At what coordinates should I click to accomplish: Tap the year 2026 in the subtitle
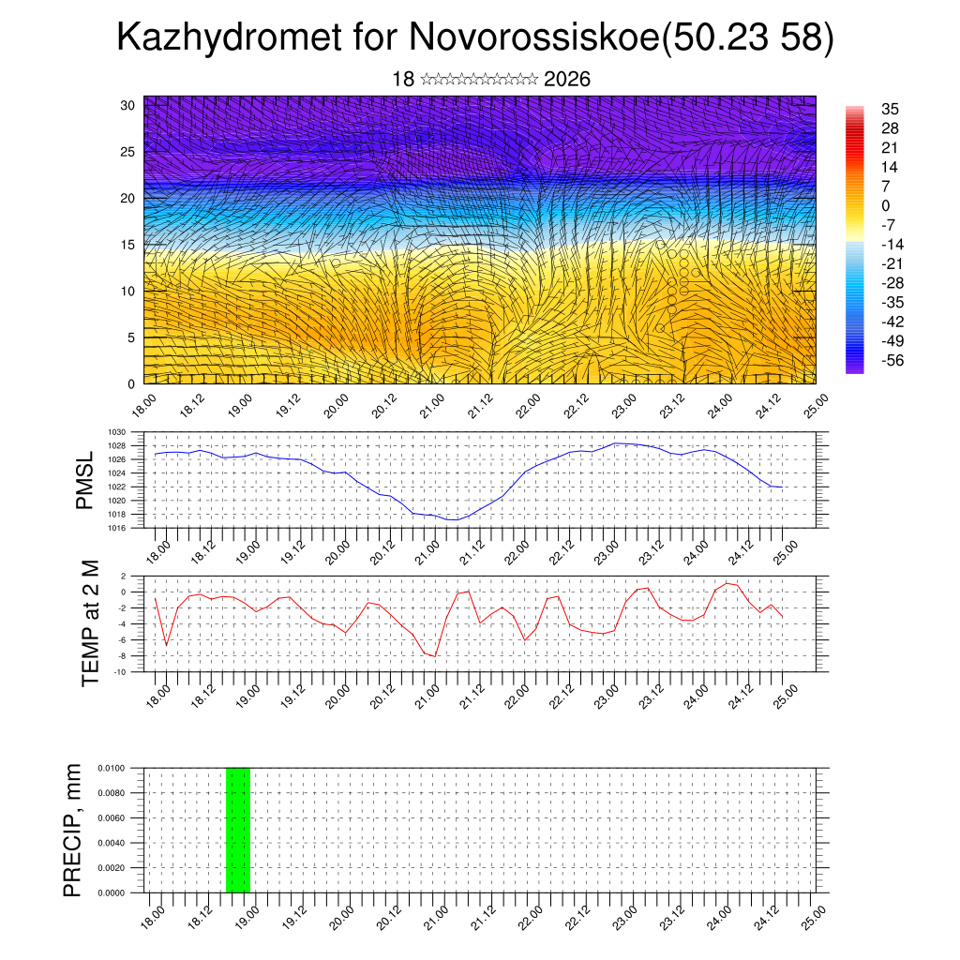(x=567, y=80)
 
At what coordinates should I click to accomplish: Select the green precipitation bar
(x=238, y=830)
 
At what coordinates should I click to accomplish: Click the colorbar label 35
(x=891, y=110)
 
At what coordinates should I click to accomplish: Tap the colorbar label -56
(x=892, y=361)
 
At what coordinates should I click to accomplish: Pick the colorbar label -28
(x=892, y=283)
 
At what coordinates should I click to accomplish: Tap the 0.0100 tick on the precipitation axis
(x=112, y=768)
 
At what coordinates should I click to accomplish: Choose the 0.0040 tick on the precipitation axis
(x=112, y=843)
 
